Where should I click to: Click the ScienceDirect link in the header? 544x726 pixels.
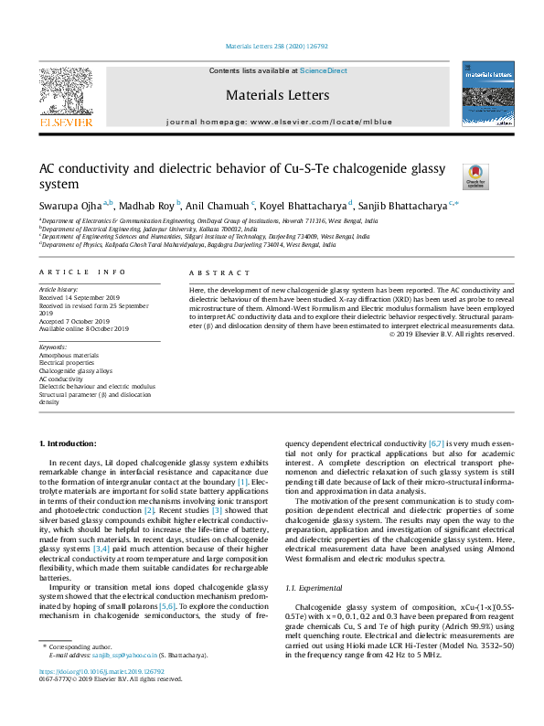[325, 70]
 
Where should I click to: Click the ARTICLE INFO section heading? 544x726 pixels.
[85, 272]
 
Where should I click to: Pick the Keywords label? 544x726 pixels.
[54, 347]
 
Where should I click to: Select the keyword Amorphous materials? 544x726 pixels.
[69, 355]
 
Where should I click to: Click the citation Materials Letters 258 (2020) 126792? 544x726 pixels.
[272, 46]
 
